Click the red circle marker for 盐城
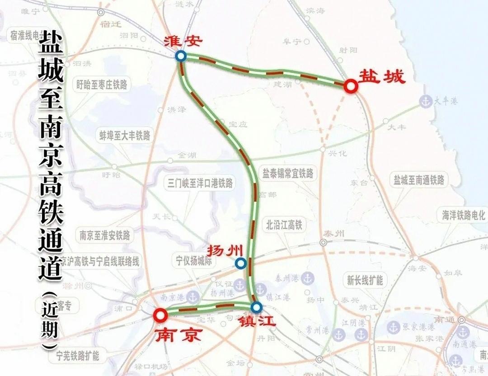pyautogui.click(x=351, y=86)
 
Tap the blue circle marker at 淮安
pyautogui.click(x=181, y=56)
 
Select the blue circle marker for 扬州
pyautogui.click(x=240, y=263)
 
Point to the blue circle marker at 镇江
pyautogui.click(x=257, y=308)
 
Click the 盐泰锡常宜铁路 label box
pyautogui.click(x=288, y=174)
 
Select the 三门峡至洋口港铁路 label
pyautogui.click(x=200, y=183)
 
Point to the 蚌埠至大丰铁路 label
pyautogui.click(x=125, y=135)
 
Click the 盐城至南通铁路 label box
pyautogui.click(x=419, y=180)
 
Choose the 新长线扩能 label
pyautogui.click(x=365, y=280)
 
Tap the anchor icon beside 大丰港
pyautogui.click(x=425, y=101)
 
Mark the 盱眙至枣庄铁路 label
pyautogui.click(x=102, y=85)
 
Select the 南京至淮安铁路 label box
pyautogui.click(x=105, y=235)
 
